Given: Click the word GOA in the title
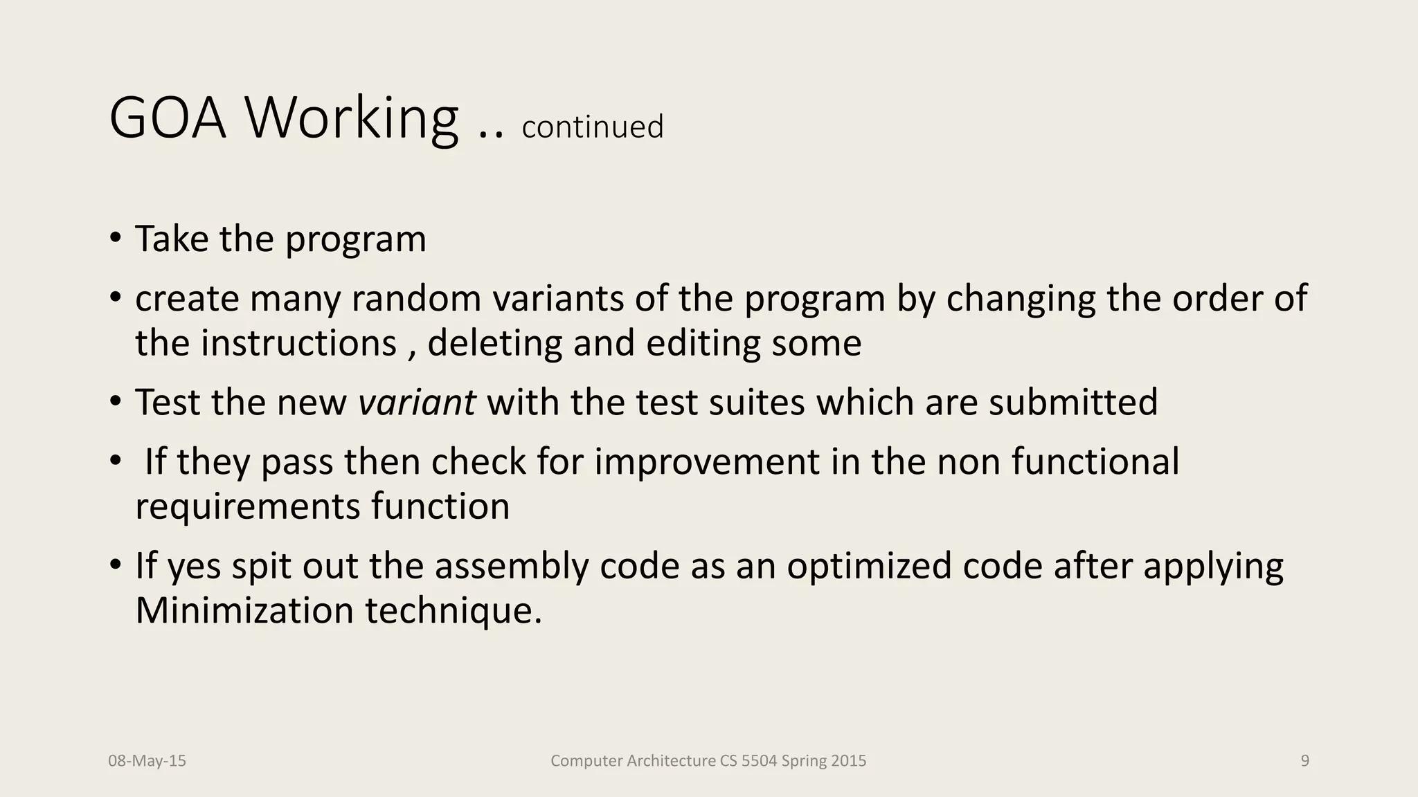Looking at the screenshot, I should pyautogui.click(x=168, y=118).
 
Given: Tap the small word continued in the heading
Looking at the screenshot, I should pyautogui.click(x=593, y=127).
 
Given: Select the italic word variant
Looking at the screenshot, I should pyautogui.click(x=417, y=402).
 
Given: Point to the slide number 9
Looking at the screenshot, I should pyautogui.click(x=1305, y=761).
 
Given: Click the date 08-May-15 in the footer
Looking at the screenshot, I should pyautogui.click(x=147, y=761).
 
